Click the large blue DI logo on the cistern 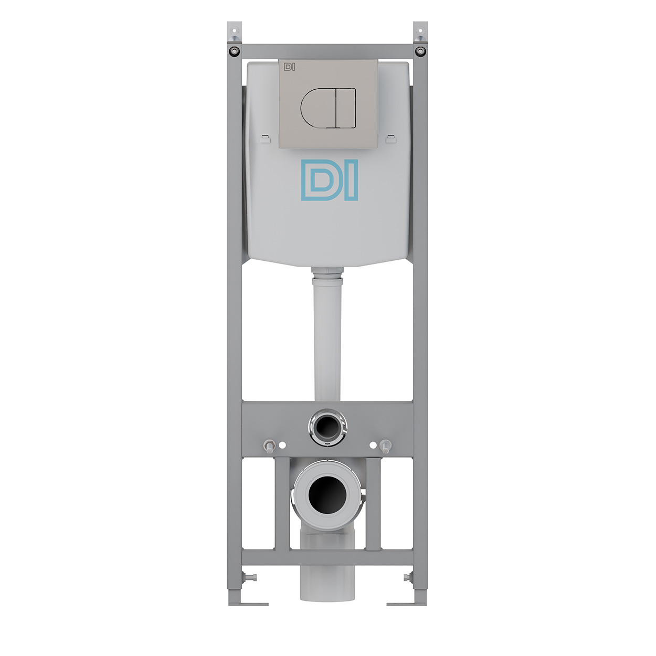(x=330, y=180)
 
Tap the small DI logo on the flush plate (x=289, y=67)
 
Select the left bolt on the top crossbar (x=234, y=51)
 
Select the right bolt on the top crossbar (x=421, y=51)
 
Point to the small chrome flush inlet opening (x=328, y=427)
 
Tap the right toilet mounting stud (x=386, y=446)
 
